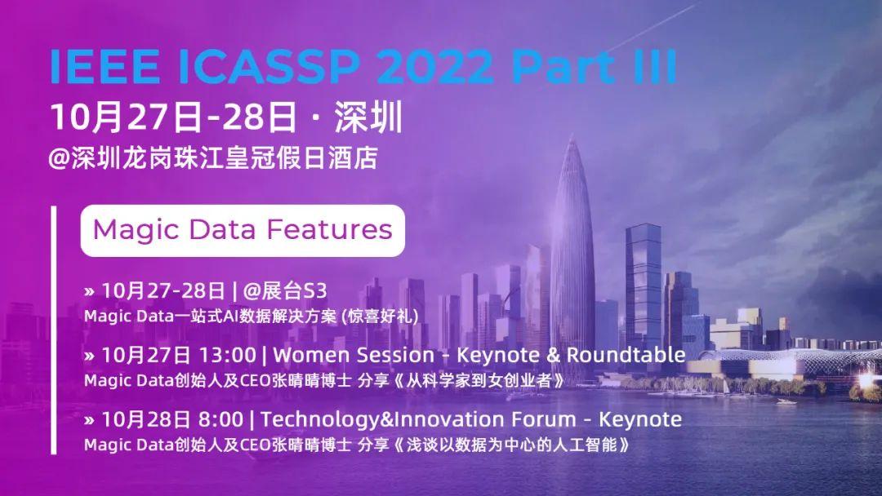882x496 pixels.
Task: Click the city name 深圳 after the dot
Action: click(369, 117)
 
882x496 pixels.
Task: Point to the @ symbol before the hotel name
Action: click(59, 157)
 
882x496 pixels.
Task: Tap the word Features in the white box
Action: click(334, 229)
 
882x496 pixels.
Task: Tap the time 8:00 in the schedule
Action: click(220, 420)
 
